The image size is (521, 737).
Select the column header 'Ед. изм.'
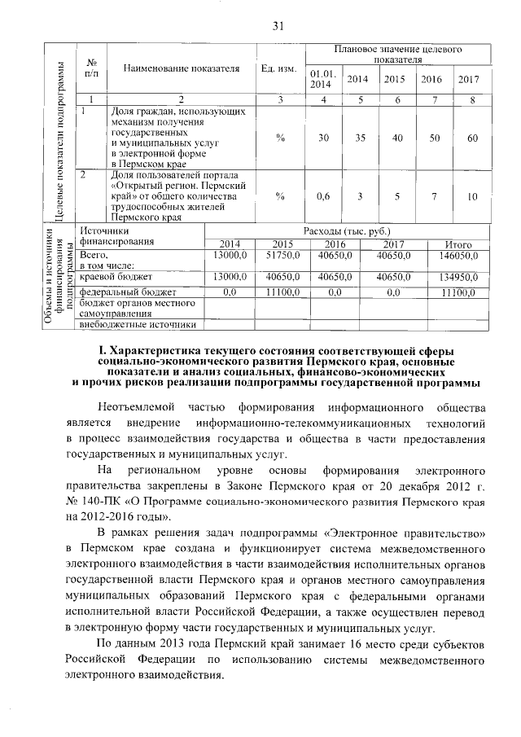tap(279, 68)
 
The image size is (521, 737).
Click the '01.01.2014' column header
tap(322, 78)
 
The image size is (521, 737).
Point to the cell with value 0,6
tap(322, 196)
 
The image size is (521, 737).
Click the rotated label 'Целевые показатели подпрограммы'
tap(59, 138)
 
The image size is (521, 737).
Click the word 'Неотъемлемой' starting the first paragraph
tap(134, 406)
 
